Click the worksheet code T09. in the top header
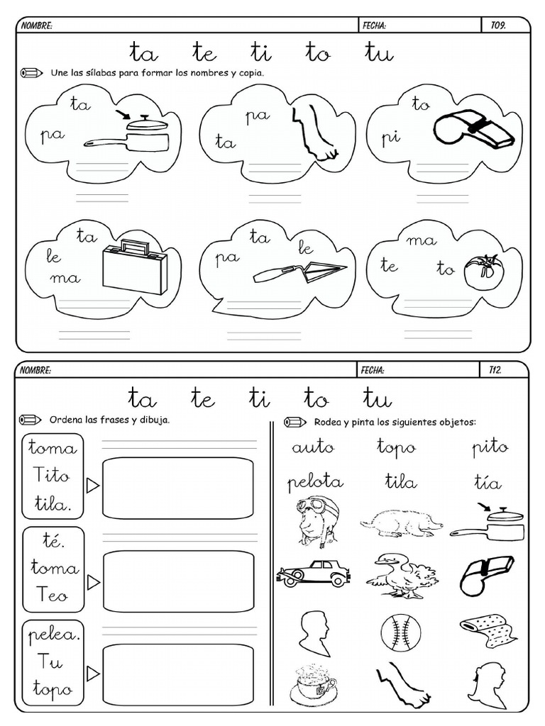(498, 26)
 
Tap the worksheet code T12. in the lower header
(495, 370)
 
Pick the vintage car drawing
(314, 573)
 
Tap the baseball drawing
(401, 631)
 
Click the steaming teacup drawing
(312, 683)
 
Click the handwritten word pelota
(315, 482)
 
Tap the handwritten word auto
(312, 447)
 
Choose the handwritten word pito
(490, 447)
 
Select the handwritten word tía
(488, 483)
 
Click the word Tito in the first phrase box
(53, 476)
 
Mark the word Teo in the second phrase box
(53, 595)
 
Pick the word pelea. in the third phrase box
(54, 635)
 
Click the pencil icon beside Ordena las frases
(31, 420)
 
